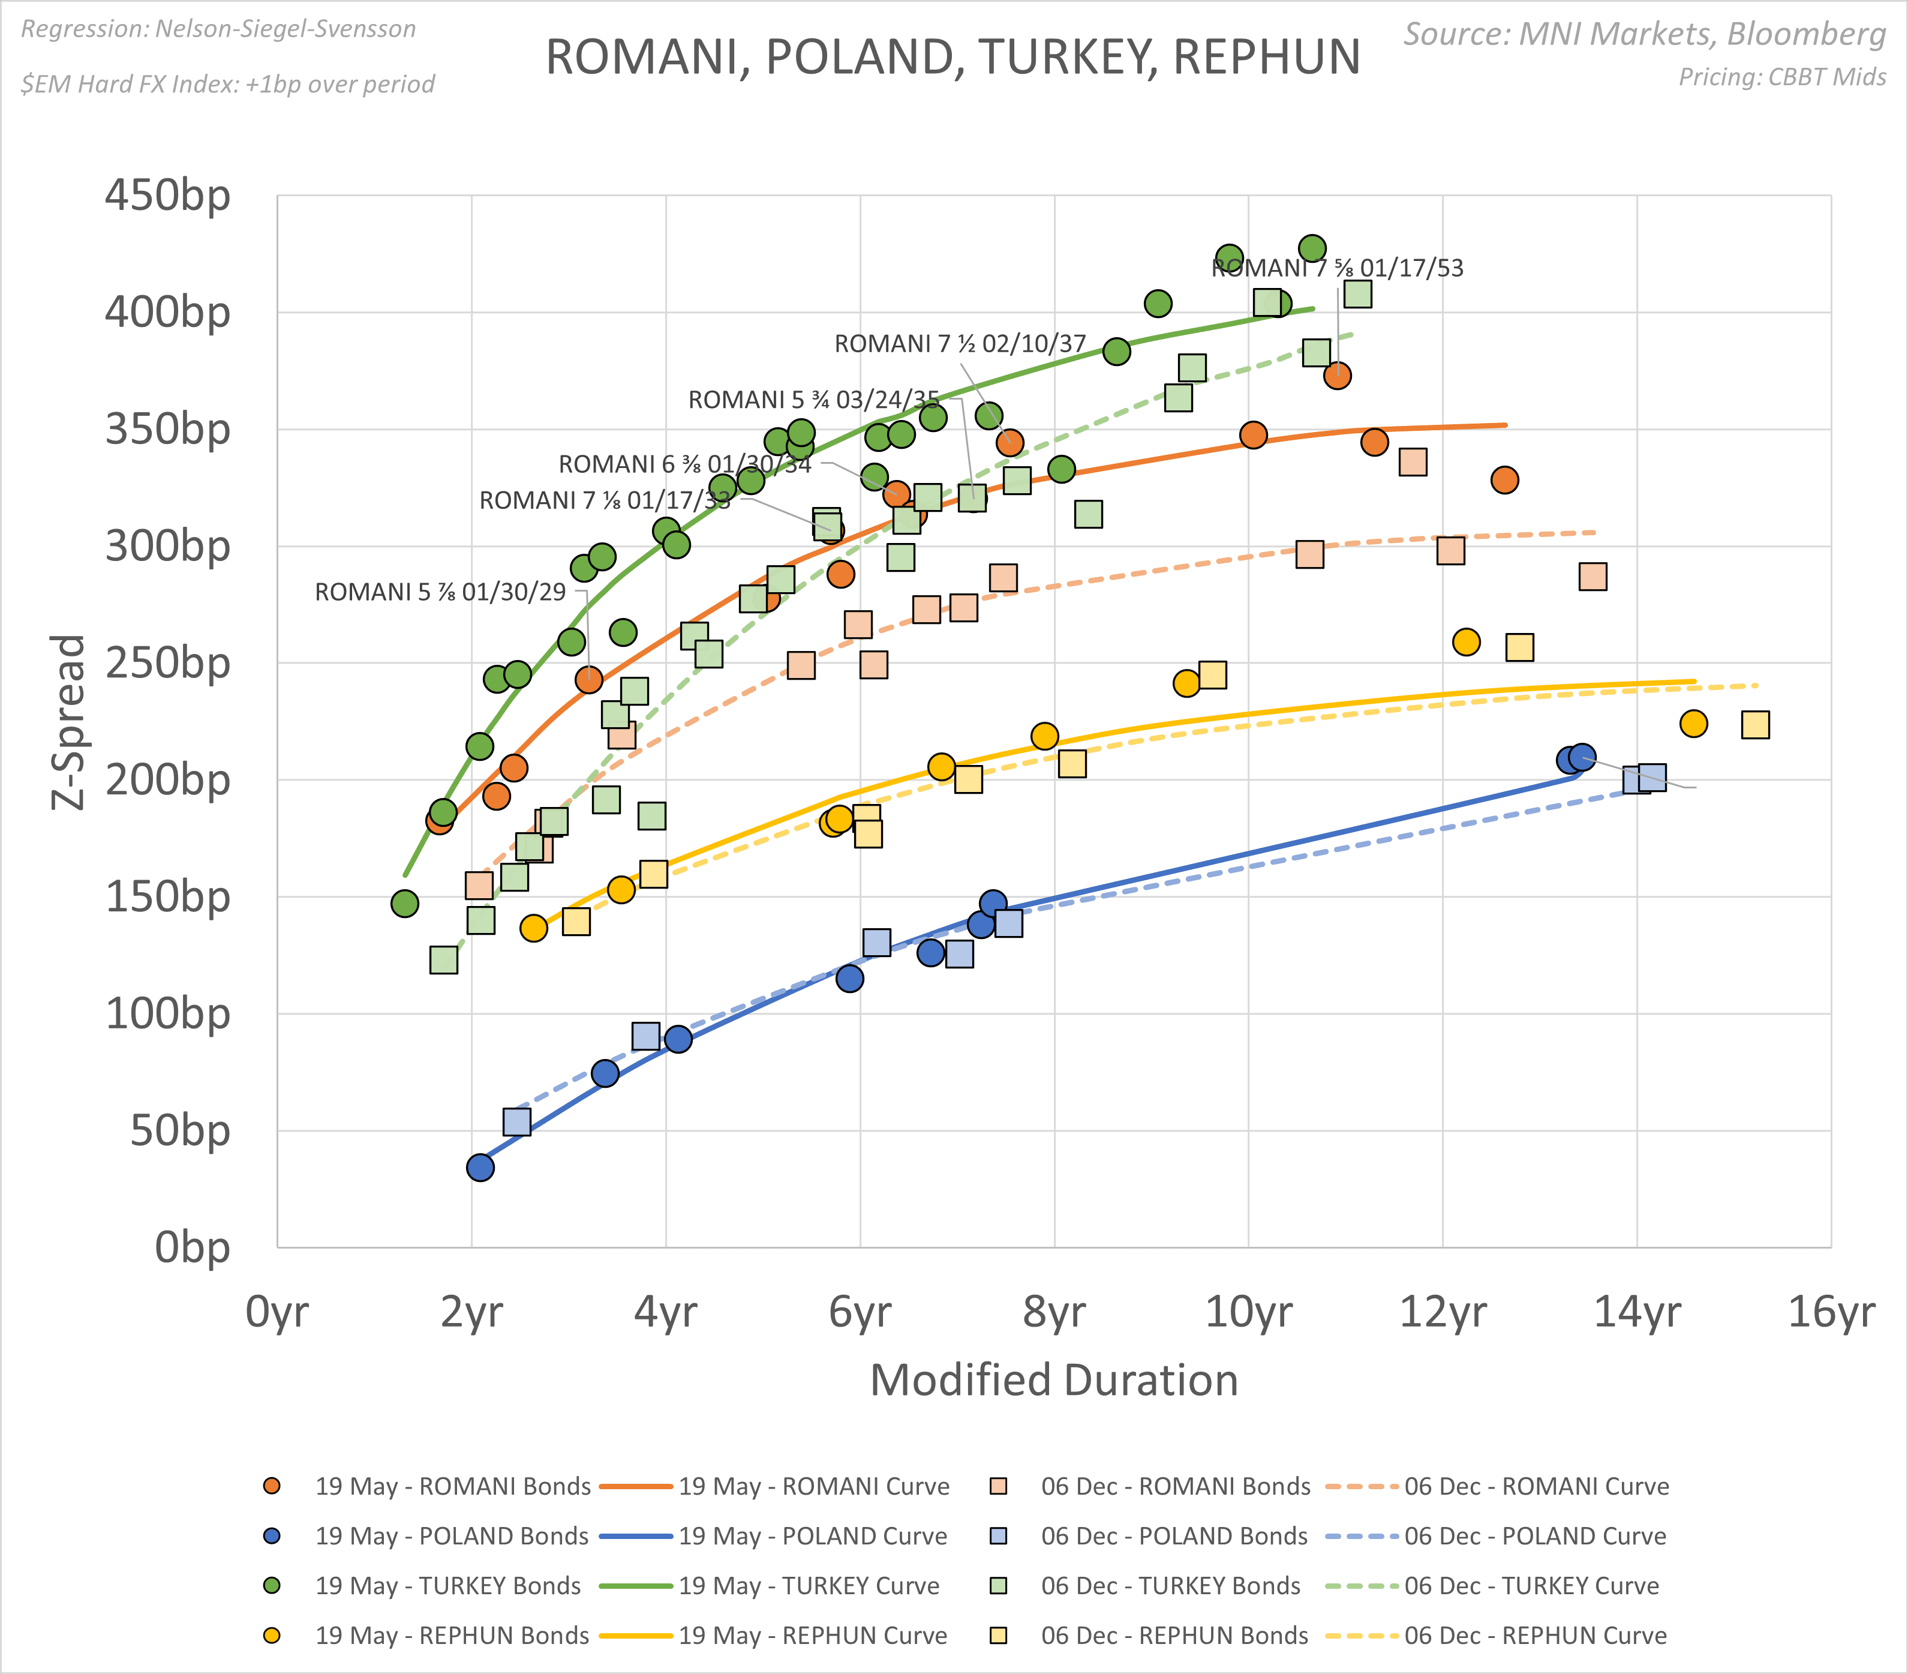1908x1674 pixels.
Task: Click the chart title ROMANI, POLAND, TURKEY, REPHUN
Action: tap(952, 57)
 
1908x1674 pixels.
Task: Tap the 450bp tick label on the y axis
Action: tap(167, 196)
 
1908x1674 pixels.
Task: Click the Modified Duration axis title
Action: tap(1054, 1380)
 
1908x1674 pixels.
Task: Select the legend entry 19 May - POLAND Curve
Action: tap(812, 1536)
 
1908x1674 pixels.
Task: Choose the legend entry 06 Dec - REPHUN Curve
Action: tap(1534, 1635)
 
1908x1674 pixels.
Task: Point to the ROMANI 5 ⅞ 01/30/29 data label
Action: tap(440, 592)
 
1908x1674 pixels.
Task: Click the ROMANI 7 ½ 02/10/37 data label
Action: tap(960, 344)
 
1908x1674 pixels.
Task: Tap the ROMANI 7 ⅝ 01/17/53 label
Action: tap(1337, 268)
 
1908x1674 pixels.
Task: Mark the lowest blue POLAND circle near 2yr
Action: tap(480, 1167)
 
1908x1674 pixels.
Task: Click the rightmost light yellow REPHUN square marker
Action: tap(1755, 724)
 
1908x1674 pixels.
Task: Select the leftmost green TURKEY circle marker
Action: tap(404, 903)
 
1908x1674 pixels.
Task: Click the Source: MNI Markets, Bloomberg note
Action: tap(1645, 34)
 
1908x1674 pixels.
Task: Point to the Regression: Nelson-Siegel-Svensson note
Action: tap(218, 29)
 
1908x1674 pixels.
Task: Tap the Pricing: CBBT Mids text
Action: tap(1782, 77)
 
